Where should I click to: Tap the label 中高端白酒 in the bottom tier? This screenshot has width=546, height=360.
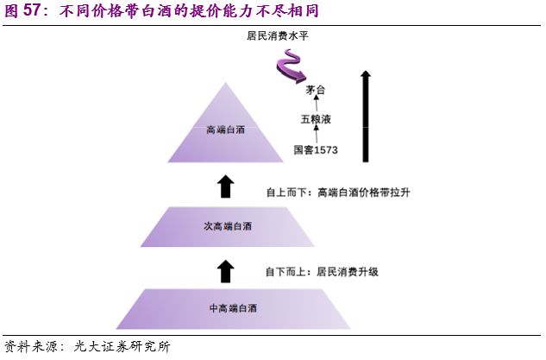pos(233,308)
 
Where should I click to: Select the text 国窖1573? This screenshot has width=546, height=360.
pos(316,150)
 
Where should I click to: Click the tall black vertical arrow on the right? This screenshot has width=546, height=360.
pos(367,117)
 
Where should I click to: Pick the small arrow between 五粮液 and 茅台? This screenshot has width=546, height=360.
pos(317,104)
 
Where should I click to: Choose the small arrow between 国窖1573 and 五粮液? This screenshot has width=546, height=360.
pos(317,134)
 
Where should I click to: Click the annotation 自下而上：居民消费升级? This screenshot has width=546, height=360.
pos(322,271)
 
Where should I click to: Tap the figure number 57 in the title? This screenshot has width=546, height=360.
pos(33,9)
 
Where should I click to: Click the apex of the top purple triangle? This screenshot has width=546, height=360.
pos(226,84)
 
